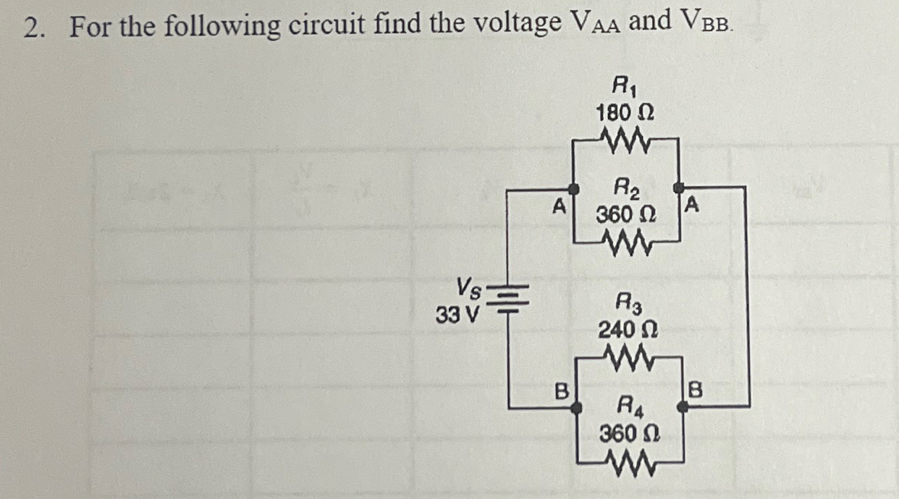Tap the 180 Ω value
625,113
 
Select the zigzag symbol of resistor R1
625,137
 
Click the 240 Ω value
627,330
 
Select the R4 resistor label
627,408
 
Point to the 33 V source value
456,316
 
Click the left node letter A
557,207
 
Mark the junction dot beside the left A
574,190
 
